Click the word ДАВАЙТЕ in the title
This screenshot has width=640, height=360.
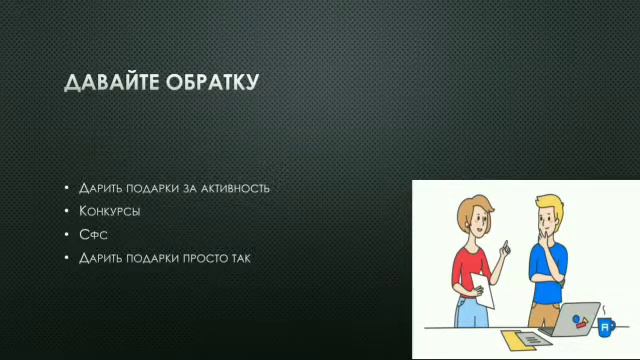(x=108, y=83)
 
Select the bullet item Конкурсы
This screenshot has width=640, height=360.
(x=109, y=212)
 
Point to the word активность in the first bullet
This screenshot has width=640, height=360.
(x=233, y=188)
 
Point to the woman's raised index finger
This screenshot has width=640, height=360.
(x=507, y=242)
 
